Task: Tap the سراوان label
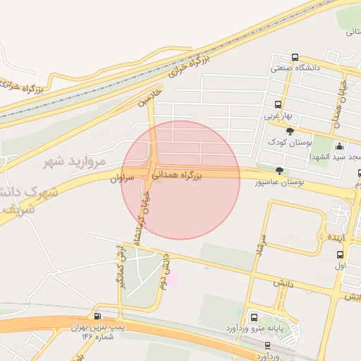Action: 122,180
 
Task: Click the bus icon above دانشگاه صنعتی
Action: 294,58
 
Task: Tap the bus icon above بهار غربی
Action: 276,104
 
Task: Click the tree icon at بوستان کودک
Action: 289,131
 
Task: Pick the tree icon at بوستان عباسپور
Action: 279,171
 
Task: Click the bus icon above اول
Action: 340,255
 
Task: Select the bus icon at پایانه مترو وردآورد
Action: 253,317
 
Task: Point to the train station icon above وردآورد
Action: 267,345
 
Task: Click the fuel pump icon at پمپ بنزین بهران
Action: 97,317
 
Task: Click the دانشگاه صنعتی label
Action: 296,68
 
